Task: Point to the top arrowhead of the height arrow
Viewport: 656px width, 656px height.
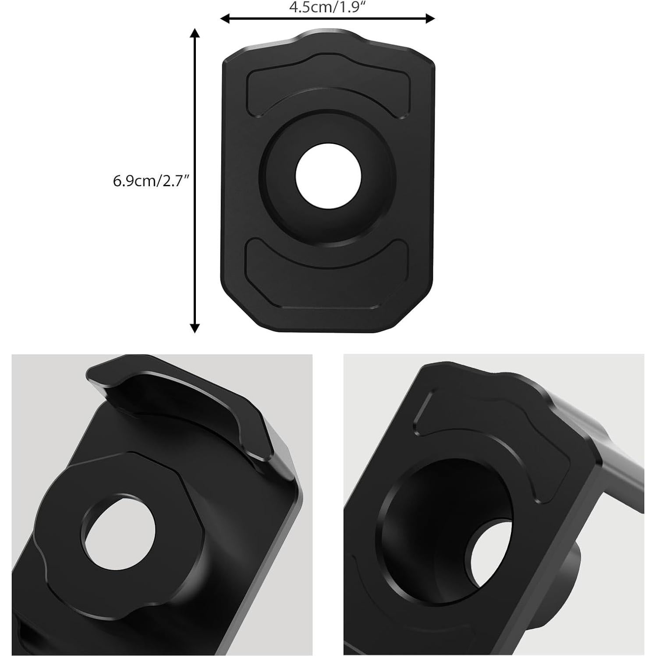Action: (195, 33)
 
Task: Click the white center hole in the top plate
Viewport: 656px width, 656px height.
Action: (328, 175)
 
